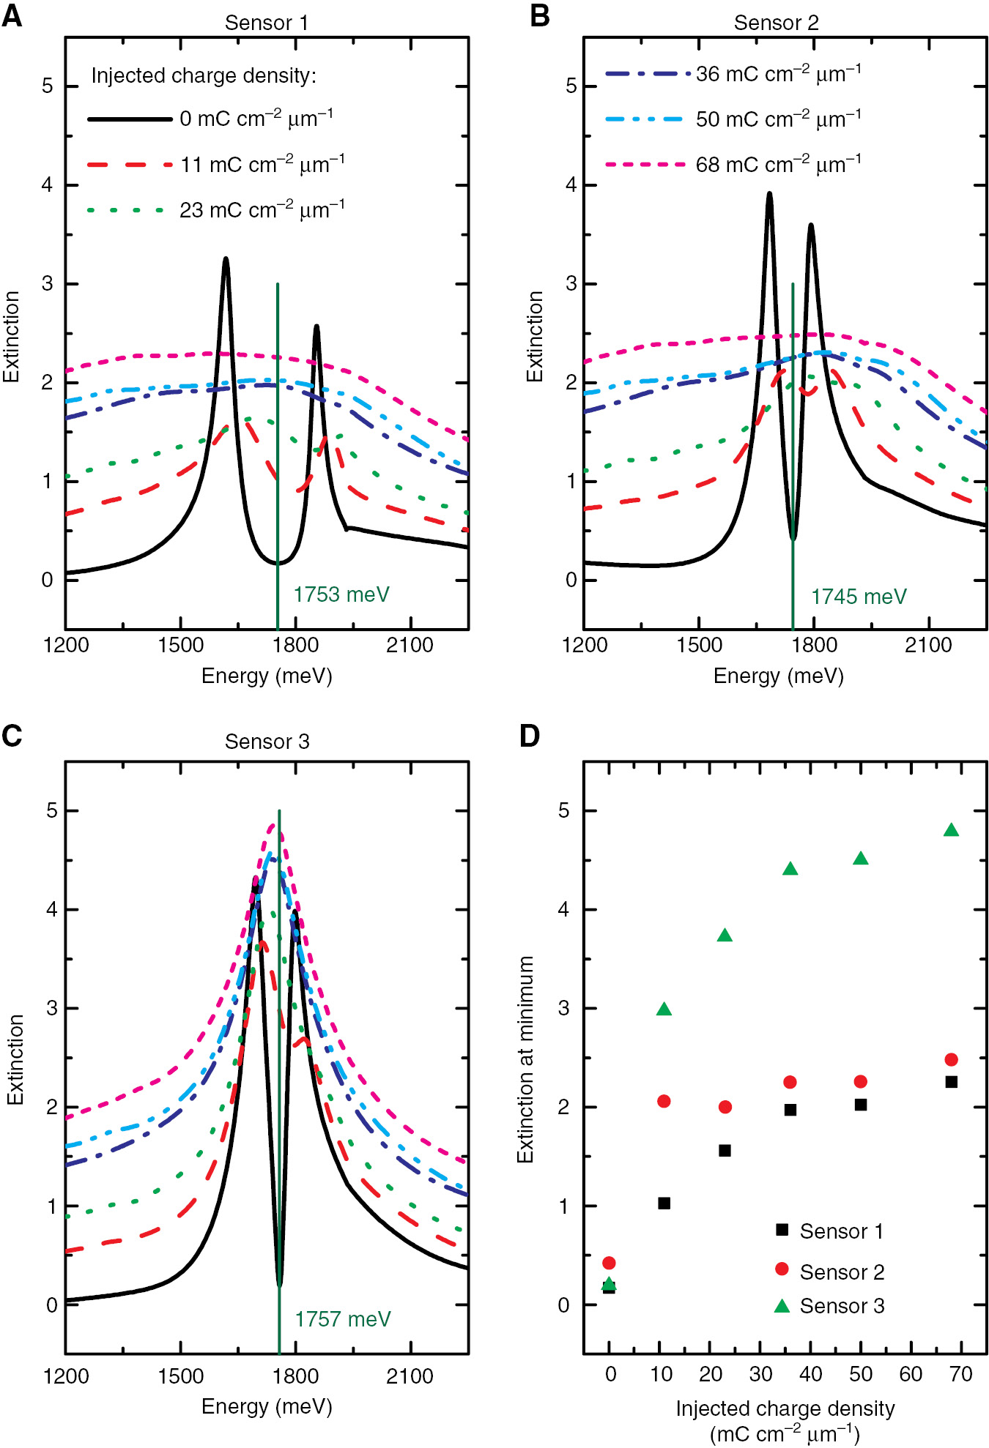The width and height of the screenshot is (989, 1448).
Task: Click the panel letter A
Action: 12,15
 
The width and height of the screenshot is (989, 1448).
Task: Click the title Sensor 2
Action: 776,23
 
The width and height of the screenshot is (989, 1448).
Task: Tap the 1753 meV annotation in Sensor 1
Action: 341,594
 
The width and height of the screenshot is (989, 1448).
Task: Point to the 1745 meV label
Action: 859,597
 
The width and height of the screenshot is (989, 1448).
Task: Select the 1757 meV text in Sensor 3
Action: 343,1319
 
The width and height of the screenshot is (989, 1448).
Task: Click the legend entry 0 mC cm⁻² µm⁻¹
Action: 256,119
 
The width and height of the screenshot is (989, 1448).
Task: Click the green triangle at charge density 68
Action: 951,830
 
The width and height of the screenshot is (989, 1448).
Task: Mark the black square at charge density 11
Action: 664,1203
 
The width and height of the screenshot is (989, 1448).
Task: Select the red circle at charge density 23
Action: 725,1107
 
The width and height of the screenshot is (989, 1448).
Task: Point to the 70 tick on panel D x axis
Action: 960,1374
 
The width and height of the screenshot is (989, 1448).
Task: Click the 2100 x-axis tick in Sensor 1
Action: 410,645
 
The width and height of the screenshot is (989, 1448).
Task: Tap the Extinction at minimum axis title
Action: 525,1059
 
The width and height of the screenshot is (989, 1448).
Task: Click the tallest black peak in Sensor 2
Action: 769,195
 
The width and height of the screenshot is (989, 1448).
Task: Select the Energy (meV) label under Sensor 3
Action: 267,1406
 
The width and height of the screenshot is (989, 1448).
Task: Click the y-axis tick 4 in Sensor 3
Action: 51,910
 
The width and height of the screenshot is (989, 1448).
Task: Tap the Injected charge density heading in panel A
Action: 204,76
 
